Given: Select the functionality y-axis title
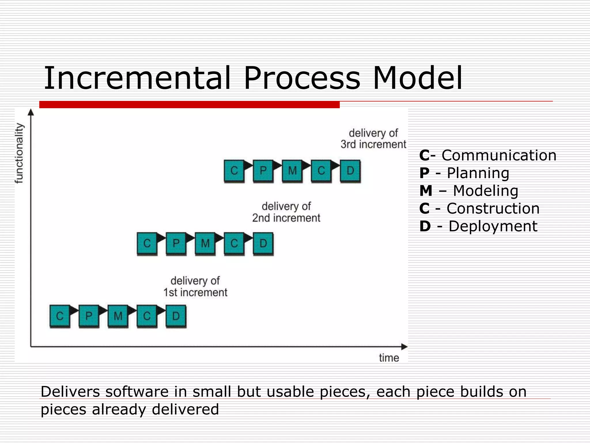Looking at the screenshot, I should (19, 153).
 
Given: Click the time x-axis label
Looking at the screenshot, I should (389, 358).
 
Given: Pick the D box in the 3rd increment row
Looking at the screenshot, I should (350, 171).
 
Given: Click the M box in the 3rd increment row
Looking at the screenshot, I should (292, 171).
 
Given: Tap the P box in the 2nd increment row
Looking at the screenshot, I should (176, 243).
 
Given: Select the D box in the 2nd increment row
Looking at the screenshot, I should (263, 243).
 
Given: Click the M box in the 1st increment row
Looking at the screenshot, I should (118, 316).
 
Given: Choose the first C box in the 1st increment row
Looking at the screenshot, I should (60, 316).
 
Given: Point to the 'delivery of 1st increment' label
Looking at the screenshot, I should (195, 287).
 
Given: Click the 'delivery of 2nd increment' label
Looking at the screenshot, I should (286, 212).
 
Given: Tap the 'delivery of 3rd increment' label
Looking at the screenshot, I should (373, 139).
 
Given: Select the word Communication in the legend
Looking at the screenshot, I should (499, 155).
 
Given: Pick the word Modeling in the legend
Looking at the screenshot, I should (485, 191).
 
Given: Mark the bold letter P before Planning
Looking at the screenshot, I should (424, 173).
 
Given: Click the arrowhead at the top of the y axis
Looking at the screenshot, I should (31, 112).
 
